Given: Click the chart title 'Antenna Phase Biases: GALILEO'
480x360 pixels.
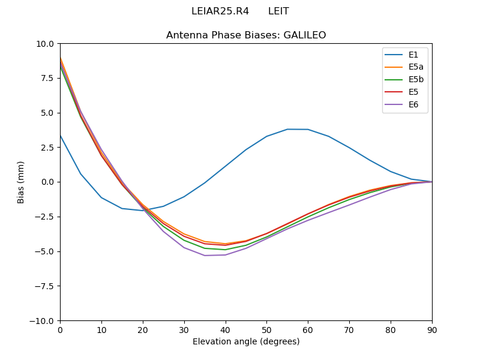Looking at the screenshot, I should point(246,35).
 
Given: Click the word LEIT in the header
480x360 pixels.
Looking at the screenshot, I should point(278,11).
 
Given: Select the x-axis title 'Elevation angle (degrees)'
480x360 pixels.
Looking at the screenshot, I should point(246,342).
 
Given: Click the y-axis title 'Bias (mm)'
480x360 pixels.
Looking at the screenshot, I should point(21,182).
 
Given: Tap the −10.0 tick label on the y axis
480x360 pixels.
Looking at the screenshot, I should point(43,320).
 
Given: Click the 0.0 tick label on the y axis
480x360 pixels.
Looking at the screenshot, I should point(48,182).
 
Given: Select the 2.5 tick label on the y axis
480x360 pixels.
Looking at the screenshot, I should point(48,148).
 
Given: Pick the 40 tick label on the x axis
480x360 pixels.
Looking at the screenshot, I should point(226,329).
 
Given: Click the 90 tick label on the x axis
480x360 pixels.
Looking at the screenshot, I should point(432,329).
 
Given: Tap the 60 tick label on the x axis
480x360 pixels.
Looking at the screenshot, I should point(308,329).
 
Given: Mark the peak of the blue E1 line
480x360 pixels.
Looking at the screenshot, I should point(287,129).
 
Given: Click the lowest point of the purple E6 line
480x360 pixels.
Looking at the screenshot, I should point(205,256).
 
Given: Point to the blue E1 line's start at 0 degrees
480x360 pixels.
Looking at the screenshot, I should point(60,135).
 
